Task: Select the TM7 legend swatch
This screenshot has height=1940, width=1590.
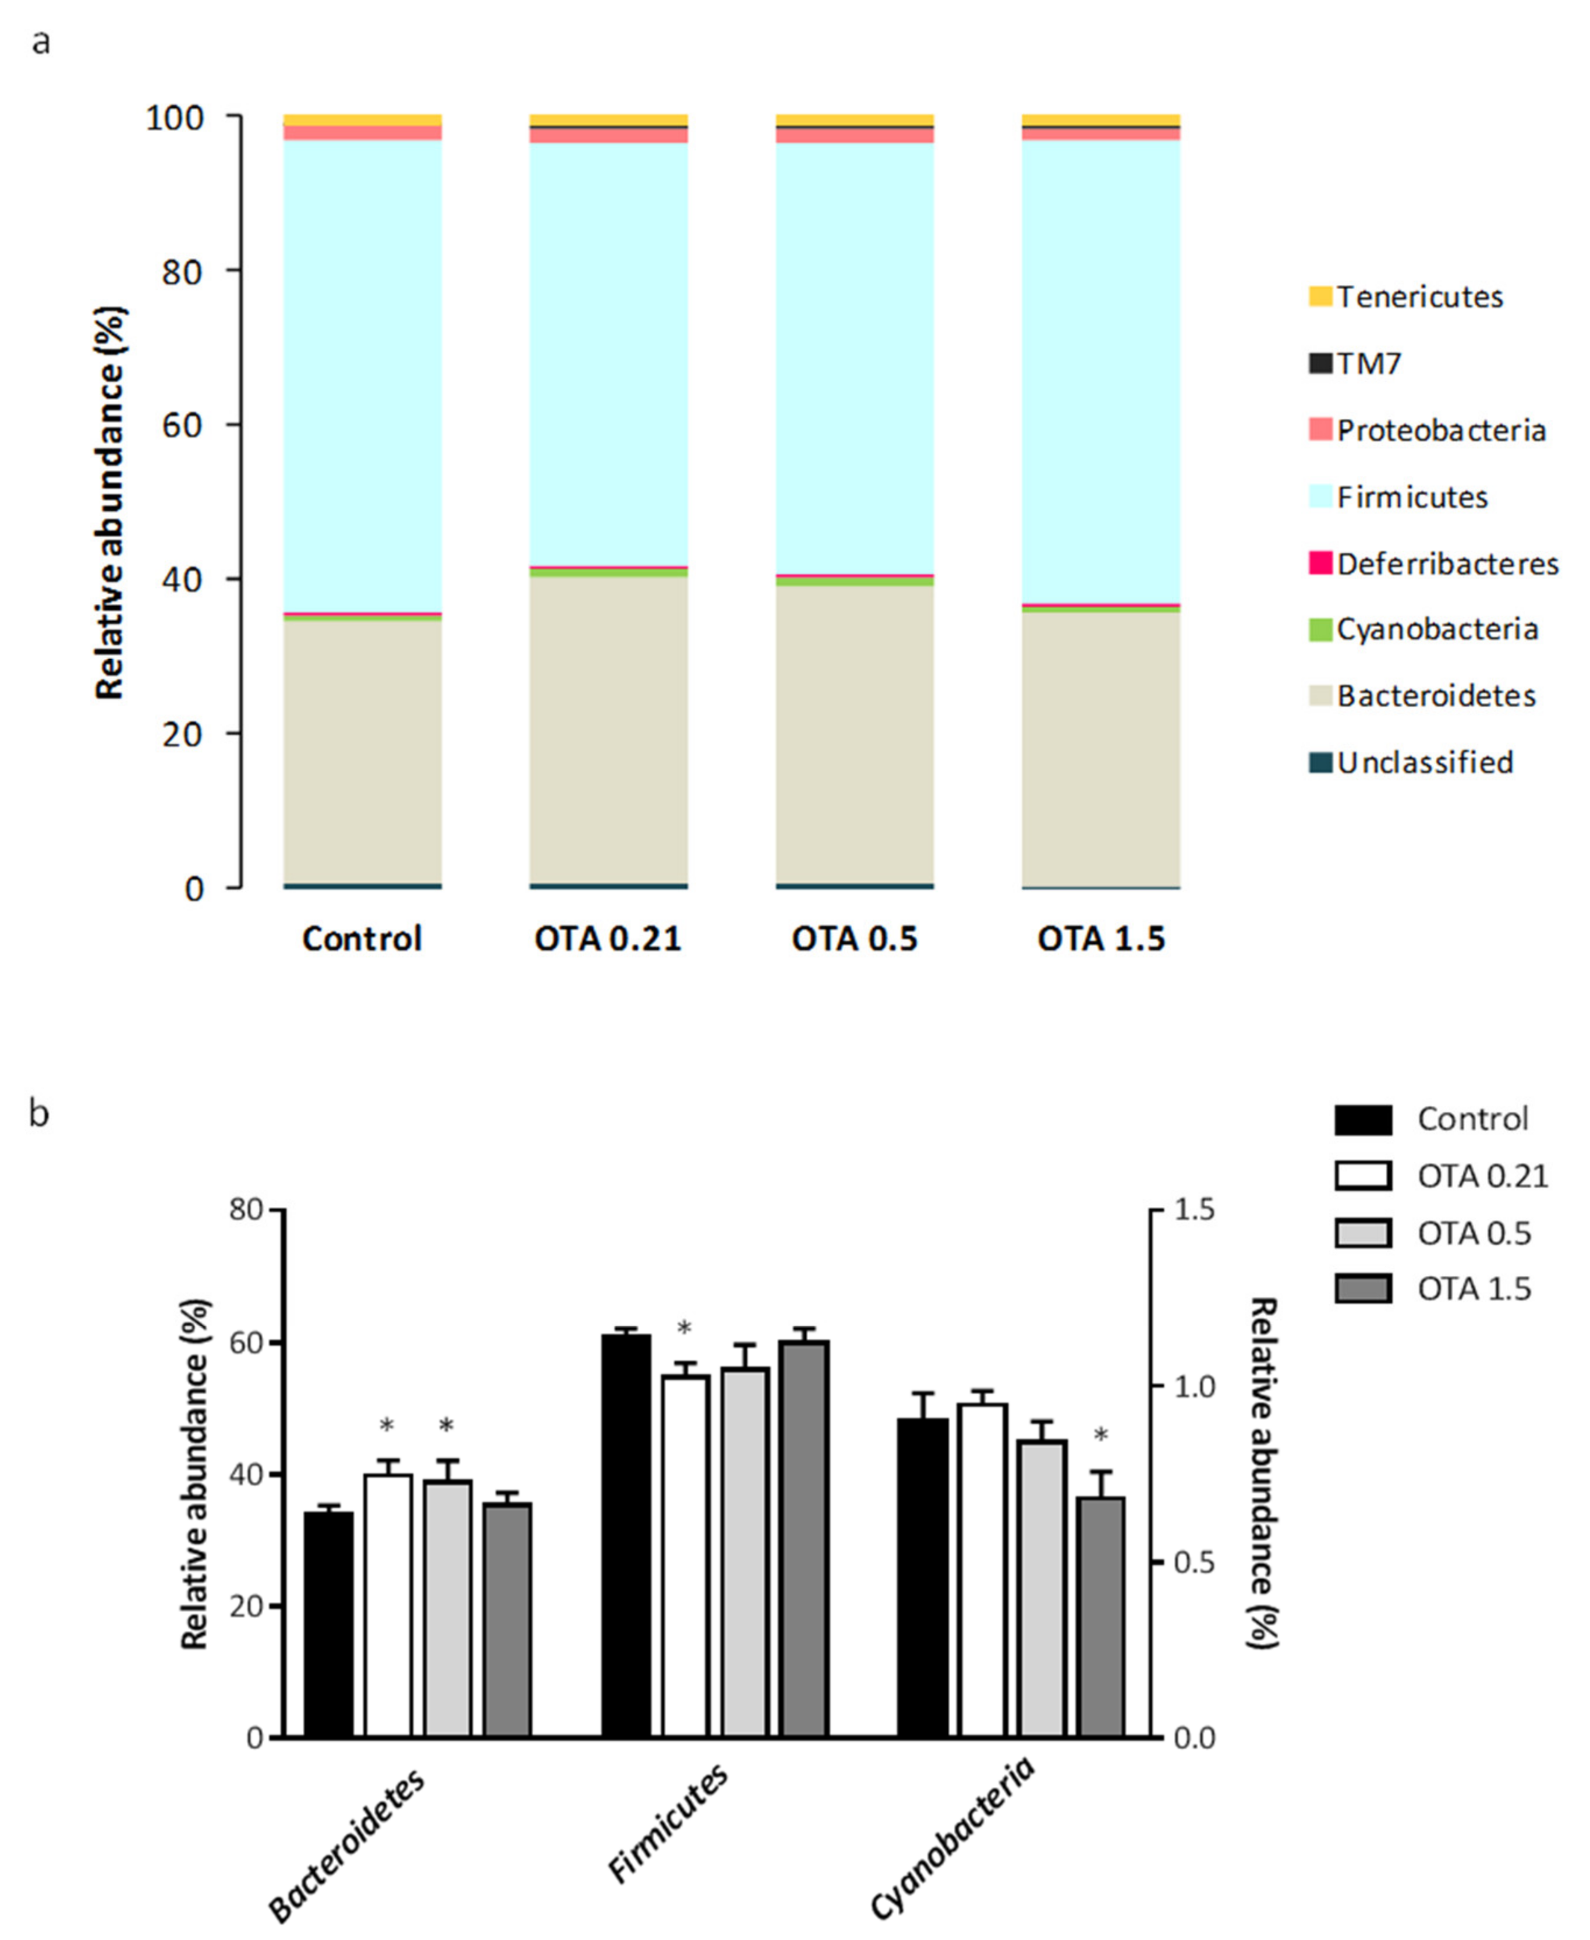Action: [x=1320, y=364]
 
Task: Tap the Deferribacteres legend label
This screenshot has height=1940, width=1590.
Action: [x=1447, y=564]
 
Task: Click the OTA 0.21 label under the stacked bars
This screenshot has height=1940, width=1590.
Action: [x=608, y=939]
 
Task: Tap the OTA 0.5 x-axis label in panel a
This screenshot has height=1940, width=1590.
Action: [x=855, y=939]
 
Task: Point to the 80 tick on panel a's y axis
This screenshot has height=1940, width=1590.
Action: [x=181, y=272]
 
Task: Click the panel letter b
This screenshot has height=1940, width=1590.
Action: [x=38, y=1114]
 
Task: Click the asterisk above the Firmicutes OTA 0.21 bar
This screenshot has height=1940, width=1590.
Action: [x=684, y=1328]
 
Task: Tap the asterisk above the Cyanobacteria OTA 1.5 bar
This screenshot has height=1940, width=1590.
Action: [x=1101, y=1435]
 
